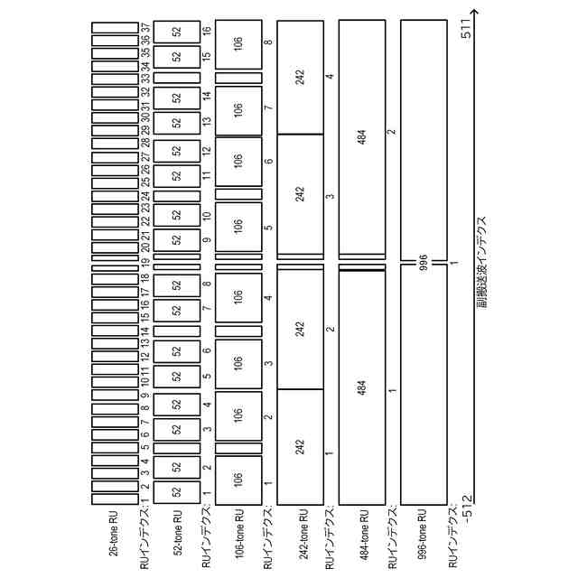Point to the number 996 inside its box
pos(423,263)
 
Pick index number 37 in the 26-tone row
pos(144,29)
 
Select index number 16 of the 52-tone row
pos(207,31)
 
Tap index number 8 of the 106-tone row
pos(268,42)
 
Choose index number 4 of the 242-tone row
pos(331,78)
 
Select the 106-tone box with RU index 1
pos(238,480)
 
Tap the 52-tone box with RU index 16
pos(176,31)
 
